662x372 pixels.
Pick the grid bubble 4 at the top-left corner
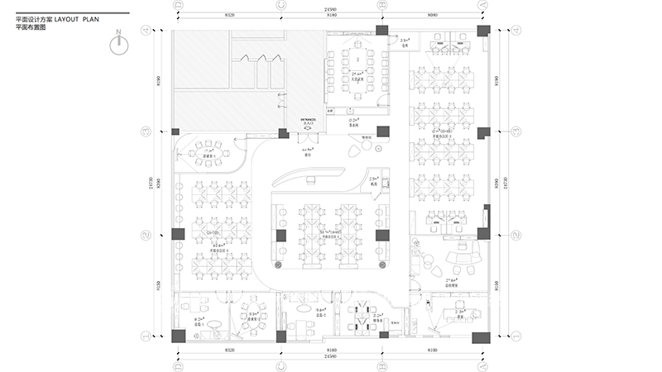[146, 32]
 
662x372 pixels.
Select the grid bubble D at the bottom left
[177, 365]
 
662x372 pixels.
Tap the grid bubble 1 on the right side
[516, 336]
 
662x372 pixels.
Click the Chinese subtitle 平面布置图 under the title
[32, 26]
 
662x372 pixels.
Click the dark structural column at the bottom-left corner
[178, 336]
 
